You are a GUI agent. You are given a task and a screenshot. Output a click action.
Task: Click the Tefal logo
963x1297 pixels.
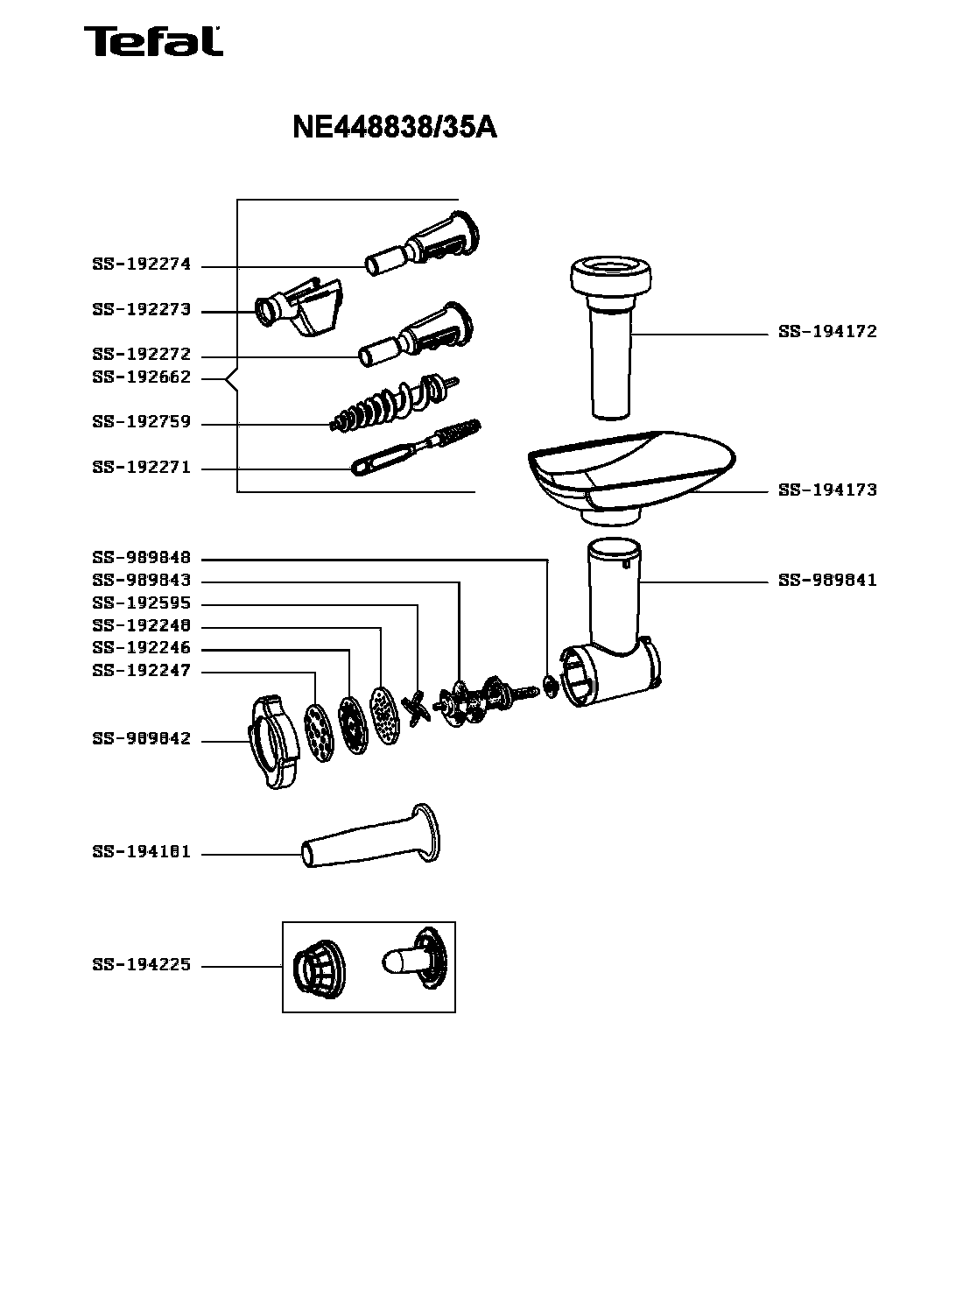(x=152, y=41)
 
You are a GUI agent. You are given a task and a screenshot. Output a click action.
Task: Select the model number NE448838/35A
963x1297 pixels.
(x=394, y=128)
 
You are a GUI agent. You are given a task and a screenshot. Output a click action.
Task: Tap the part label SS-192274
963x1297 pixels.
(x=141, y=265)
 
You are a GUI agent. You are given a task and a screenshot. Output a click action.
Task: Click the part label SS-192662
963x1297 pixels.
(x=141, y=378)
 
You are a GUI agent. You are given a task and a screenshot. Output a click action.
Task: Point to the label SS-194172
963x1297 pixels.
(x=827, y=333)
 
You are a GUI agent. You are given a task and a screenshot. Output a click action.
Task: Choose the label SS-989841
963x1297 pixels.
(x=827, y=581)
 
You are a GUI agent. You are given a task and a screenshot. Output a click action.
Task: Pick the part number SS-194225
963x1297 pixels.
(x=141, y=966)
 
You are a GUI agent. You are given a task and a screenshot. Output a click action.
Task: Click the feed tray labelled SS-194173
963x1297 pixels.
(x=630, y=473)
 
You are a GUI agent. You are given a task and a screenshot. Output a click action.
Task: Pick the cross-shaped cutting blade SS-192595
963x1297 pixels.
(x=416, y=708)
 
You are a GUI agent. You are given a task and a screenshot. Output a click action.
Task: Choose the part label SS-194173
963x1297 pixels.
(x=827, y=490)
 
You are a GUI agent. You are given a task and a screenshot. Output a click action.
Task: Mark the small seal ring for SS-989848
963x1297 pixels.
(x=550, y=686)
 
